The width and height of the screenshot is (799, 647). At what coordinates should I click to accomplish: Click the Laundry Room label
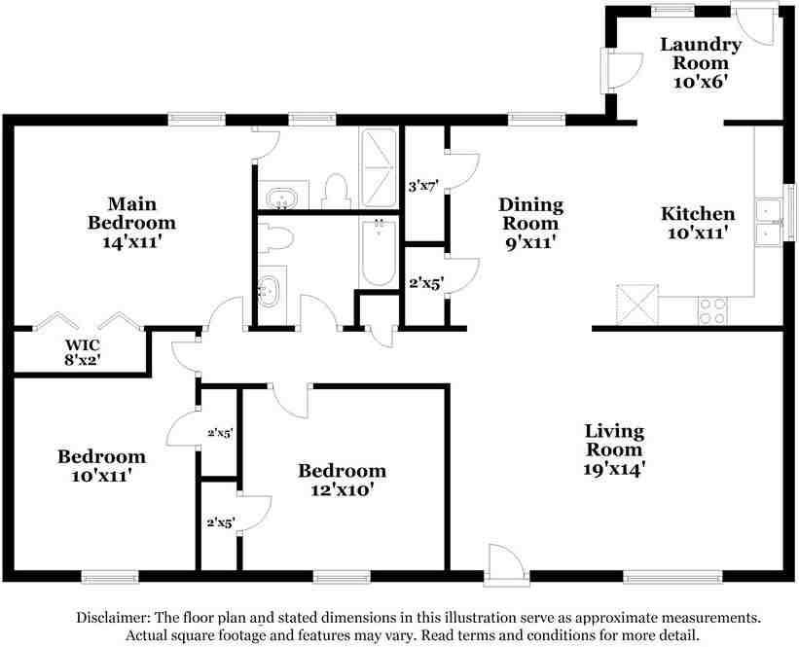pos(701,62)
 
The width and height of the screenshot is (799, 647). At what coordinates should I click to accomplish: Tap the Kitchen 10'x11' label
pos(698,223)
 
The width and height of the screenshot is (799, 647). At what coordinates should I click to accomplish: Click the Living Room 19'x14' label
pos(614,449)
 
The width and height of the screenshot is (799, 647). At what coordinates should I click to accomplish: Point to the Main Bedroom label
pos(131,222)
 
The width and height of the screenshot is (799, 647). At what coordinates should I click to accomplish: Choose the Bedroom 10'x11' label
pos(101,466)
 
